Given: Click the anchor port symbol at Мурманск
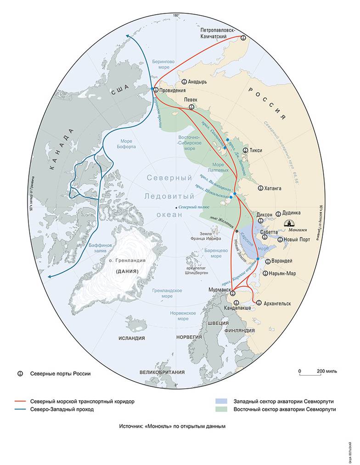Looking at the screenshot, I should click(x=232, y=293).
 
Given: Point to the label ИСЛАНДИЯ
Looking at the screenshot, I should click(x=131, y=338).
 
